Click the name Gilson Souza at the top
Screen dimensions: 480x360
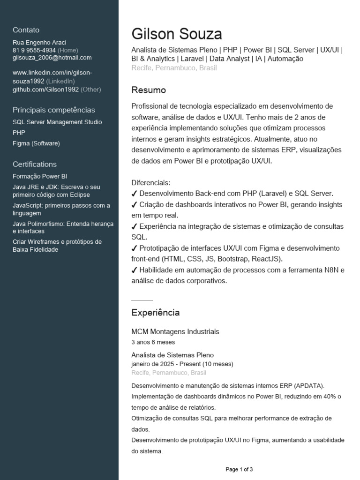pos(177,34)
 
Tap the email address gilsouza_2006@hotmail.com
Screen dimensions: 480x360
pos(52,58)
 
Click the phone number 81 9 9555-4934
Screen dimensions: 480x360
pos(34,50)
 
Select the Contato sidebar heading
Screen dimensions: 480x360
pos(26,30)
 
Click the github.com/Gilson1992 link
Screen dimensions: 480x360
pos(45,89)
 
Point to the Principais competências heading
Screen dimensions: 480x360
pos(54,110)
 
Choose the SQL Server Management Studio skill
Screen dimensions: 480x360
pos(57,122)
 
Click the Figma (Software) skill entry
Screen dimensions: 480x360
pos(36,143)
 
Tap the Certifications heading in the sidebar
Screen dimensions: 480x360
pos(35,164)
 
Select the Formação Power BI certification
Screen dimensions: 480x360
pos(40,176)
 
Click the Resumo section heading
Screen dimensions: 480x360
pos(149,90)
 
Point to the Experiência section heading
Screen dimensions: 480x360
pos(155,313)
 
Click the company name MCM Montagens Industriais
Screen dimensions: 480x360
pos(175,332)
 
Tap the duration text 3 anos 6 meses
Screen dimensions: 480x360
pos(153,342)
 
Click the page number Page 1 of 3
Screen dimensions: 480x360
pos(239,469)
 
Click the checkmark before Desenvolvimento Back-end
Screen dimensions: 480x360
pos(135,194)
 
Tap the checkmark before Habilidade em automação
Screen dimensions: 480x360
pos(135,270)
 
